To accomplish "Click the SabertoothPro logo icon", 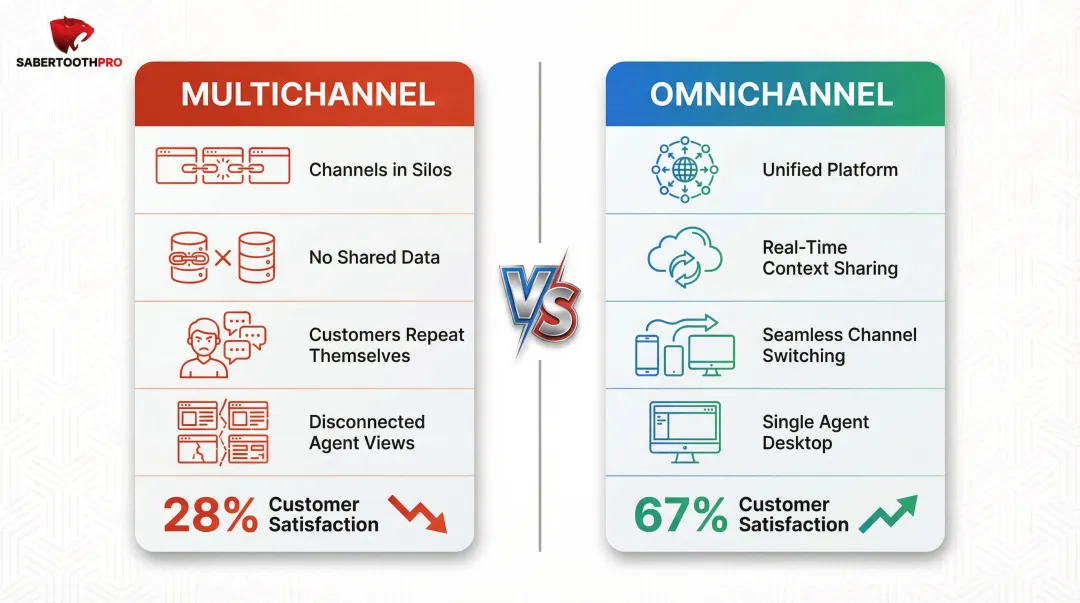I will point(71,35).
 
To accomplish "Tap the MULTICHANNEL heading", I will point(308,95).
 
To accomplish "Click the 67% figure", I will point(680,515).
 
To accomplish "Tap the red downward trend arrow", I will point(417,513).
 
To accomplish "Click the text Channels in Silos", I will point(380,170).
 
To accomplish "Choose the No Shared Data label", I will point(374,257).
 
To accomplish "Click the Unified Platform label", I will point(830,170).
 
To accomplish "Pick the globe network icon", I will point(684,169).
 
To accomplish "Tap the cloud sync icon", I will point(684,256).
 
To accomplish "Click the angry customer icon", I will point(221,345).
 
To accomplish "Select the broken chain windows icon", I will point(222,166).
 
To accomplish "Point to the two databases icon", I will point(222,257).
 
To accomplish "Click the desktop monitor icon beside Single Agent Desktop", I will point(684,431).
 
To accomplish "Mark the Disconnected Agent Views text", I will point(367,432).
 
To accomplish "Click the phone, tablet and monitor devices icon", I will point(684,344).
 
